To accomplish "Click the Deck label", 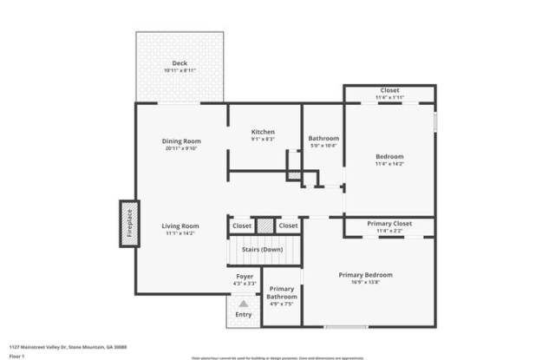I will (x=180, y=63).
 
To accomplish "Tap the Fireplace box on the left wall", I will (x=129, y=223).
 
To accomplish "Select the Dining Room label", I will (x=180, y=141).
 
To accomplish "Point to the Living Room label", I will (x=180, y=226).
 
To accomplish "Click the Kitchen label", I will (x=263, y=132).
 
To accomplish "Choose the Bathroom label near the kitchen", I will (x=323, y=139).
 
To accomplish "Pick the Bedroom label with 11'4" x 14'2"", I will (x=389, y=156).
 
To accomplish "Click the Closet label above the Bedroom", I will (x=389, y=90).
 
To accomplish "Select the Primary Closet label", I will (x=389, y=224).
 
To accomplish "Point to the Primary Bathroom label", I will (x=282, y=293).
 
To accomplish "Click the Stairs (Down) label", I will (x=260, y=250).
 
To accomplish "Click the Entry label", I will (x=244, y=314).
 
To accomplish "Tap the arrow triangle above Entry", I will (x=244, y=304).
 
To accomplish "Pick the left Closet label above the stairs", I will (x=242, y=226).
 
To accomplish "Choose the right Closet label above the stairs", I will (x=288, y=226).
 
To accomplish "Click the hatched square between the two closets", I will (x=264, y=225).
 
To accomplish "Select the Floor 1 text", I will (x=16, y=356).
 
